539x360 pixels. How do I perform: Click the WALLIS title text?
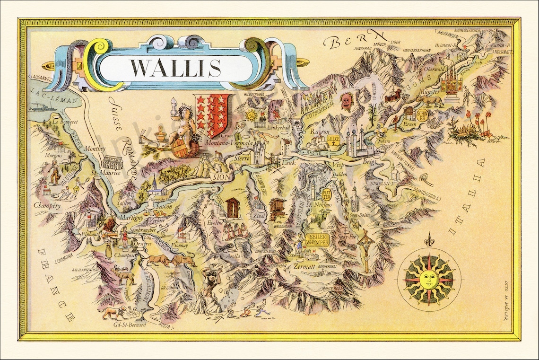pos(175,68)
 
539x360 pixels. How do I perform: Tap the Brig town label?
pos(368,161)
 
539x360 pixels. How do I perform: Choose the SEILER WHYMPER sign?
pos(317,240)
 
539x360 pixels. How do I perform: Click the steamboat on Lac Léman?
pos(42,106)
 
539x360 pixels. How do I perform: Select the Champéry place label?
pos(47,206)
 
